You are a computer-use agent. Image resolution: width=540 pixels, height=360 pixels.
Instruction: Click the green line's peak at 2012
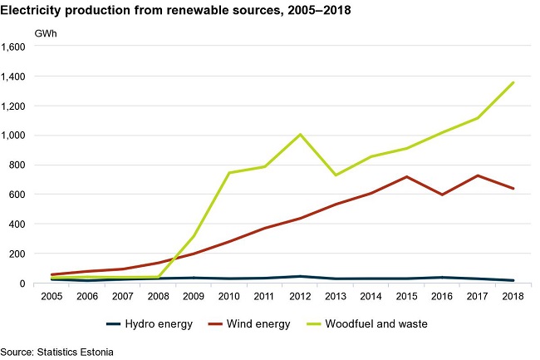(x=300, y=135)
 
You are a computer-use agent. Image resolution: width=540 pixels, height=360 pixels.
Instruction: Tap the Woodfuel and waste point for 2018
(x=513, y=82)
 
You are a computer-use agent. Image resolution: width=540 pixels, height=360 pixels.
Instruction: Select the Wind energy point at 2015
(x=407, y=177)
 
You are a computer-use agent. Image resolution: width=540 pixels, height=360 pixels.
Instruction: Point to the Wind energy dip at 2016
(x=442, y=195)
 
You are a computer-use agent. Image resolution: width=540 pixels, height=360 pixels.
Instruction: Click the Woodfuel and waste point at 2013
(x=336, y=175)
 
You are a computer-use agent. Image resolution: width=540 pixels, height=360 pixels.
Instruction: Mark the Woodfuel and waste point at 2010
(x=229, y=173)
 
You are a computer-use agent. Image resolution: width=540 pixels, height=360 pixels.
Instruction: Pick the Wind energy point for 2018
(x=513, y=189)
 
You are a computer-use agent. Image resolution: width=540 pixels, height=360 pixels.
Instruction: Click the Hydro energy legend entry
(x=150, y=323)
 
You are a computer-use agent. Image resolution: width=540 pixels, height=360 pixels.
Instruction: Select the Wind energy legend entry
(x=249, y=323)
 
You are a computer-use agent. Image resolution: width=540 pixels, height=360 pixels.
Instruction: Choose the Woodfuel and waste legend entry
(x=367, y=323)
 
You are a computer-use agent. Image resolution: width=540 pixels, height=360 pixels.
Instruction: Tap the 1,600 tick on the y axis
(x=13, y=47)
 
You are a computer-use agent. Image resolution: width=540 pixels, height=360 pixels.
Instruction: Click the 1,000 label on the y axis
(x=13, y=136)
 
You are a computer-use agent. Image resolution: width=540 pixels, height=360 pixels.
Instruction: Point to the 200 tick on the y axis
(x=19, y=254)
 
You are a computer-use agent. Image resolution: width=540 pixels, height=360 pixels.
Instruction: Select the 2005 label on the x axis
(x=52, y=296)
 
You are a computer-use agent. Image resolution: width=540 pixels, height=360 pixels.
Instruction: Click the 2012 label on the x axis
(x=300, y=296)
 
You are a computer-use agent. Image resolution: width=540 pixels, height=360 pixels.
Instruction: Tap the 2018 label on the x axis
(x=513, y=296)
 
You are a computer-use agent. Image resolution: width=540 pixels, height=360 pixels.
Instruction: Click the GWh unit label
(x=46, y=34)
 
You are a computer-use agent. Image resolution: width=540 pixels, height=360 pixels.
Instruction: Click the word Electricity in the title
(x=30, y=10)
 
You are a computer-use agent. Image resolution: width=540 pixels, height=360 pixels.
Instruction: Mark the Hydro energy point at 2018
(x=513, y=280)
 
